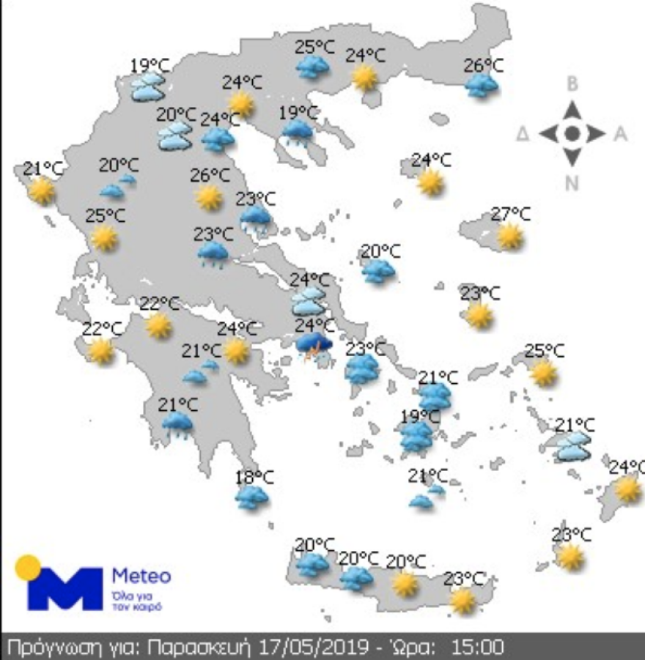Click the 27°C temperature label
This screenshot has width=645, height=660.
coord(511,214)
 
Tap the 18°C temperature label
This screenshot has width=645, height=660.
coord(254,478)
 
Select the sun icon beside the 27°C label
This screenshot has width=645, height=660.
coord(509,236)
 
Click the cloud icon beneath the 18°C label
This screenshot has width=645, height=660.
coord(251,498)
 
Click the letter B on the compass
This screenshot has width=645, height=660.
coord(572,84)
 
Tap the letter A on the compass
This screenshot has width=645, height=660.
coord(620,134)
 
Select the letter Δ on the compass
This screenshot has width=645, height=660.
coord(523,134)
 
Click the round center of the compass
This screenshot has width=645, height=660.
coord(572,134)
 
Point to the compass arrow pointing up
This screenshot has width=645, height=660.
coord(572,110)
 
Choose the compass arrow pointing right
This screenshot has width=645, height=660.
coord(597,134)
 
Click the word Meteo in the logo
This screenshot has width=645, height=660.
coord(141,575)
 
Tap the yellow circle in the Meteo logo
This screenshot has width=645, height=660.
coord(28,568)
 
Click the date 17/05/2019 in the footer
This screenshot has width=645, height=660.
coord(308,648)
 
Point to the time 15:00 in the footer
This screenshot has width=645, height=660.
coord(476,648)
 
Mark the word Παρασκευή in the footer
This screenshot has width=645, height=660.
coord(199,648)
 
